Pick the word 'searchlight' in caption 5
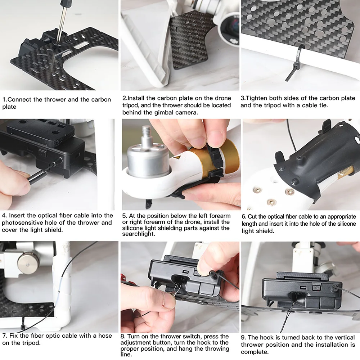coord(139,234)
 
